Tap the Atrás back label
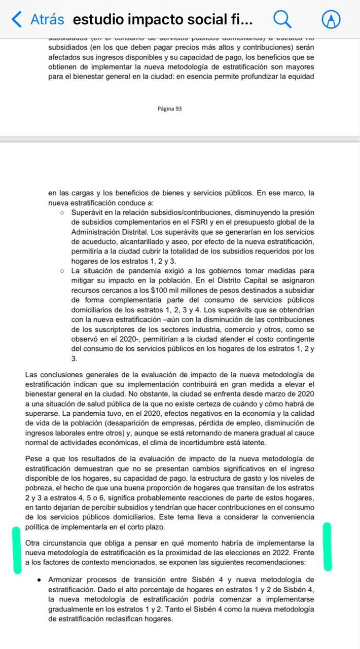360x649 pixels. (x=47, y=19)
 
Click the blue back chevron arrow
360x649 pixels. (x=17, y=19)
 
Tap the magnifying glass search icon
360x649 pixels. (x=282, y=19)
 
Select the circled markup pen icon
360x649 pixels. (x=331, y=19)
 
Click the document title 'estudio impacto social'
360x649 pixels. (x=162, y=19)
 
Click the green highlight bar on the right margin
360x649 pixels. (x=328, y=547)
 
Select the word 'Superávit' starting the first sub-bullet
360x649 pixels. (x=88, y=212)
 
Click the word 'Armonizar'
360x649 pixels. (x=65, y=580)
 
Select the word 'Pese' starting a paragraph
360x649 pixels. (x=33, y=459)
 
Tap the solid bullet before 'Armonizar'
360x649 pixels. (x=39, y=580)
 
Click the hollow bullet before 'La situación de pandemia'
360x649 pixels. (x=61, y=271)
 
